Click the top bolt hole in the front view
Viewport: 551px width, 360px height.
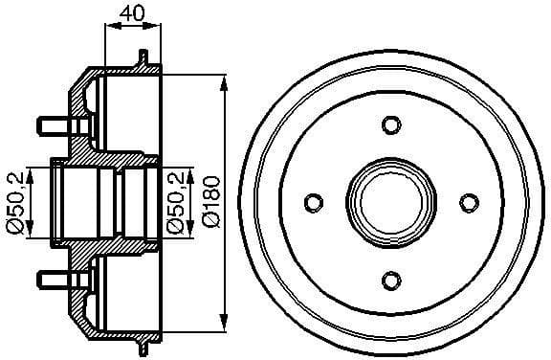tap(389, 124)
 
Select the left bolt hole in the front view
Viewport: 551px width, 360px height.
tap(312, 202)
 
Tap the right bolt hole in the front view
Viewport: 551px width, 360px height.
tap(467, 202)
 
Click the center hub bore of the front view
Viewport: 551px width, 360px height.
tap(389, 202)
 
